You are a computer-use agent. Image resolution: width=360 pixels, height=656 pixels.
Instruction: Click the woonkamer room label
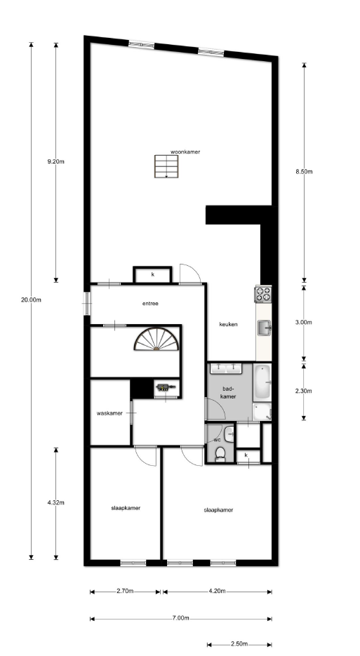(185, 152)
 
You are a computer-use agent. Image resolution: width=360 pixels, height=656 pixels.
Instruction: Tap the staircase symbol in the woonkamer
(166, 166)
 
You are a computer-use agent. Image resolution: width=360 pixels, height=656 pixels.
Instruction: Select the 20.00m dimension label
(31, 300)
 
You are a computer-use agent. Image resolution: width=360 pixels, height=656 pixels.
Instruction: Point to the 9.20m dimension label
(55, 161)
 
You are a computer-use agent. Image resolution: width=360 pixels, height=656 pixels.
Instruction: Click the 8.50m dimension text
(304, 171)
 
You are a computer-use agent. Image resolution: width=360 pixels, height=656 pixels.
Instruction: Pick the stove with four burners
(264, 294)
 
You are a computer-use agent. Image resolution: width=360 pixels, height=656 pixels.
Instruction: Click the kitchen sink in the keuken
(264, 328)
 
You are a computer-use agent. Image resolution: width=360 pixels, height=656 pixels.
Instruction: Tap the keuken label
(229, 324)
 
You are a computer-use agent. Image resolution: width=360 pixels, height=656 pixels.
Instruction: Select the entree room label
(150, 304)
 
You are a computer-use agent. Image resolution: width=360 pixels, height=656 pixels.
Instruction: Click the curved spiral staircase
(156, 339)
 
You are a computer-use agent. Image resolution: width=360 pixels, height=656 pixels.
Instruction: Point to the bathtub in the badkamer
(262, 382)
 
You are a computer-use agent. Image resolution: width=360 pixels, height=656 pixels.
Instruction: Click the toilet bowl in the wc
(220, 455)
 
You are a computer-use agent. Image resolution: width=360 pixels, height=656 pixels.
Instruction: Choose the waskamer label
(109, 413)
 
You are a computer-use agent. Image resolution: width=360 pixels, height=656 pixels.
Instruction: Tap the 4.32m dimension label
(55, 502)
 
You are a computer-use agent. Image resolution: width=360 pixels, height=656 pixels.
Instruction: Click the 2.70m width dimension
(125, 591)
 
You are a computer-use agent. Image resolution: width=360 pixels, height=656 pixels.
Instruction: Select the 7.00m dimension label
(180, 618)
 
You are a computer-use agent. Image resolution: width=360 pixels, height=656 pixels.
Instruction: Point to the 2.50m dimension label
(239, 644)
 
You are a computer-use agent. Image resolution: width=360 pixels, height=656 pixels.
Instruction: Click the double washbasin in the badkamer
(226, 368)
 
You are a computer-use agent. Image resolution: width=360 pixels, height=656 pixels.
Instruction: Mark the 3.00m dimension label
(304, 322)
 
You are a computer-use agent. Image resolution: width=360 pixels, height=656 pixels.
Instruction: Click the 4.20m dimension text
(218, 591)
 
